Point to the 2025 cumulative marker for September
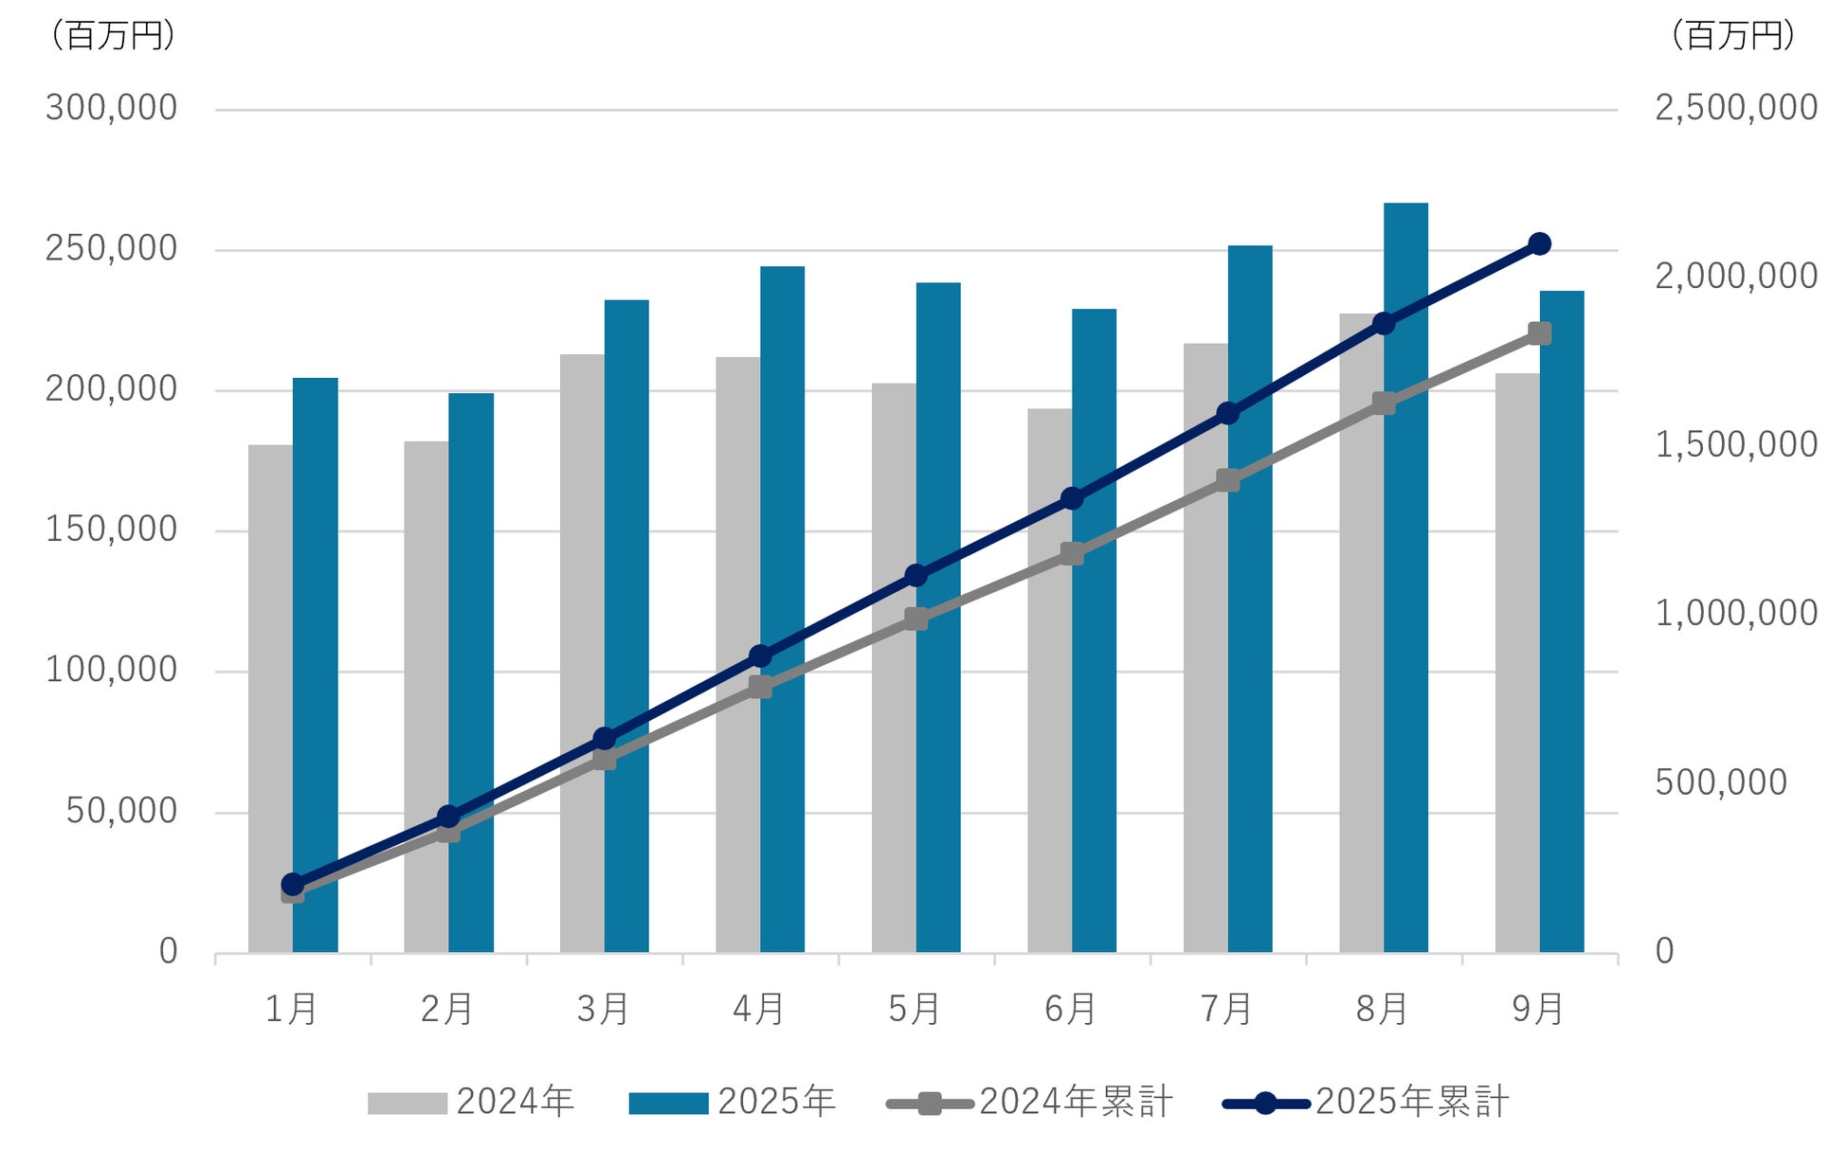coord(1540,244)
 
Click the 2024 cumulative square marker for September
coord(1540,333)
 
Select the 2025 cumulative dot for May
coord(916,576)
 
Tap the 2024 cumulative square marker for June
coord(1072,554)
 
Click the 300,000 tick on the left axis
coord(111,108)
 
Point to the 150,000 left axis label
coord(111,530)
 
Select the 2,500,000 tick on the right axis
coord(1736,108)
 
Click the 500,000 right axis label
coord(1721,782)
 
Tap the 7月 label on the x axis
coord(1226,1010)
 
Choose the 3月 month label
coord(603,1010)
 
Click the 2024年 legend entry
coord(471,1103)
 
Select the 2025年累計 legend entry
coord(1367,1103)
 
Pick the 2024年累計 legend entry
coord(1030,1103)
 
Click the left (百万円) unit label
coord(113,36)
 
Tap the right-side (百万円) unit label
coord(1733,36)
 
